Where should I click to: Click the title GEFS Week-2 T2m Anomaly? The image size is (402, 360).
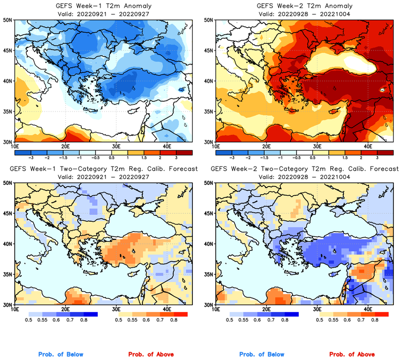tap(304, 5)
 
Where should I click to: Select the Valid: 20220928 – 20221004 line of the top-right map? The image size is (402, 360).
tap(304, 14)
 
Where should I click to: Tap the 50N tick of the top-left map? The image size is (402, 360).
tap(8, 20)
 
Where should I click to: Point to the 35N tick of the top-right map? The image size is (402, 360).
tap(209, 111)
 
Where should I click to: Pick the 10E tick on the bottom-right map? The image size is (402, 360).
tap(216, 310)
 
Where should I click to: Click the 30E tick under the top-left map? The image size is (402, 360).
tap(116, 147)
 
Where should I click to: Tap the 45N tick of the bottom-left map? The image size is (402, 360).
tap(8, 214)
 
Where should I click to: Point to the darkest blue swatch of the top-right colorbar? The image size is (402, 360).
tap(223, 151)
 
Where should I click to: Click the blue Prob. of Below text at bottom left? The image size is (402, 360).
tap(61, 354)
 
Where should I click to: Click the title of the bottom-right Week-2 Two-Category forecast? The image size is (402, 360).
tap(304, 169)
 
